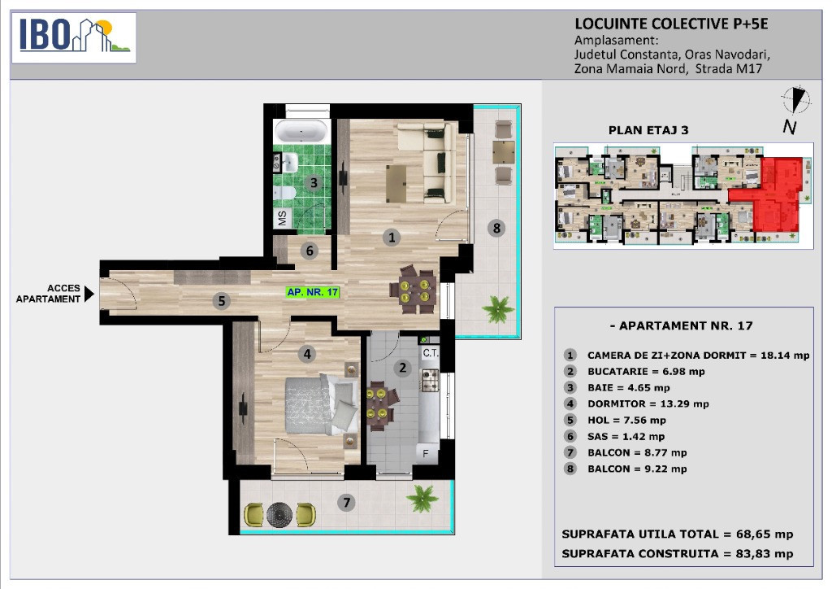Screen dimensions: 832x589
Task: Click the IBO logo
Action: click(x=74, y=37)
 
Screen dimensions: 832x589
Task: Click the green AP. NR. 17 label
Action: click(x=313, y=292)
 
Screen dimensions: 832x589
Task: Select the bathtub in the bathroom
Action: click(x=301, y=131)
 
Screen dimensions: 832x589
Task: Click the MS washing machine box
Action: click(x=283, y=217)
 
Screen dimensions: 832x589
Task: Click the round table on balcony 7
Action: click(x=279, y=514)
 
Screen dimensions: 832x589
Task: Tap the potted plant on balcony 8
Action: click(x=498, y=308)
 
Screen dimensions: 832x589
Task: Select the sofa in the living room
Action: click(x=427, y=162)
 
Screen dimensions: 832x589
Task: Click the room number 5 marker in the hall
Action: click(x=222, y=301)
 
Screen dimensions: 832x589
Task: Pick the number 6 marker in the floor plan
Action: click(x=310, y=250)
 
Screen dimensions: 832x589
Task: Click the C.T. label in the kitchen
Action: click(x=431, y=352)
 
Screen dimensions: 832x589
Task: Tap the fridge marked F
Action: click(x=427, y=453)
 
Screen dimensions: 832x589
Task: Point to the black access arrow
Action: click(x=89, y=294)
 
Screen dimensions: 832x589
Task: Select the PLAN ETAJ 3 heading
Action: click(x=648, y=130)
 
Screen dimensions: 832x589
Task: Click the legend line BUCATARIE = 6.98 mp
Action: click(x=646, y=372)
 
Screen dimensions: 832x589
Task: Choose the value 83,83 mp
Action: click(x=764, y=553)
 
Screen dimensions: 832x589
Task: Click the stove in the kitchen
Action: click(x=430, y=380)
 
